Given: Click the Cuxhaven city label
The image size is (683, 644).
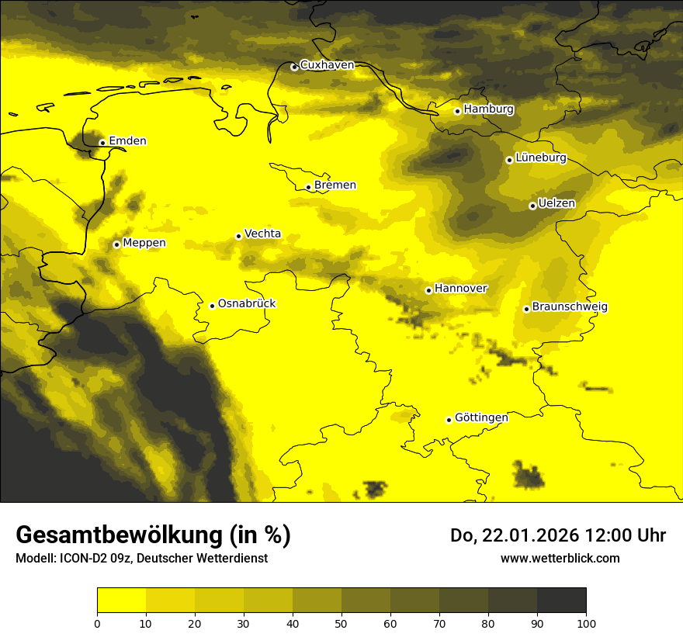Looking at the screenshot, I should tap(327, 65).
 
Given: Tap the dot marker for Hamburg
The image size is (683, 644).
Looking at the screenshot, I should tap(458, 111).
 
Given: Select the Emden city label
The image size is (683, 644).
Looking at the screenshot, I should tap(127, 141).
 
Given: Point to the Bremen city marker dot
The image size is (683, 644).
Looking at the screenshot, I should tap(308, 187).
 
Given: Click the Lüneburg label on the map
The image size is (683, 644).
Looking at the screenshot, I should tap(541, 158).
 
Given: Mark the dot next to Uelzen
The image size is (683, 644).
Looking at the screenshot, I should tap(532, 206).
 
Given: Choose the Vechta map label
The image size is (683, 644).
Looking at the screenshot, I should tap(262, 234).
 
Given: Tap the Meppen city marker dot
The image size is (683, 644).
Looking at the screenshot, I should tap(116, 244).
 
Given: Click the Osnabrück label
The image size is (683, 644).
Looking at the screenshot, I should tap(247, 303).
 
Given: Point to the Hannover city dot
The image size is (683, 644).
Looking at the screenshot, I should tap(428, 290).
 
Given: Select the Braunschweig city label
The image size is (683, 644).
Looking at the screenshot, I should tap(570, 306).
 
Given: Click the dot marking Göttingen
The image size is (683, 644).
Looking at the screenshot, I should tap(449, 420).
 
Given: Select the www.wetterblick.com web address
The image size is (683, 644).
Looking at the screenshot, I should tap(560, 558).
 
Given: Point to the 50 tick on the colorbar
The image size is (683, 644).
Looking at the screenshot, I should tap(341, 623).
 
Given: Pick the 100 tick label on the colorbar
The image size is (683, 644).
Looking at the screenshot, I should tap(586, 623).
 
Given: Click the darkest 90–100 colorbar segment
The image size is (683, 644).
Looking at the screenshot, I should tap(561, 601).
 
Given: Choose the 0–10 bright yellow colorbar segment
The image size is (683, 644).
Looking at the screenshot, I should tap(121, 601).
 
